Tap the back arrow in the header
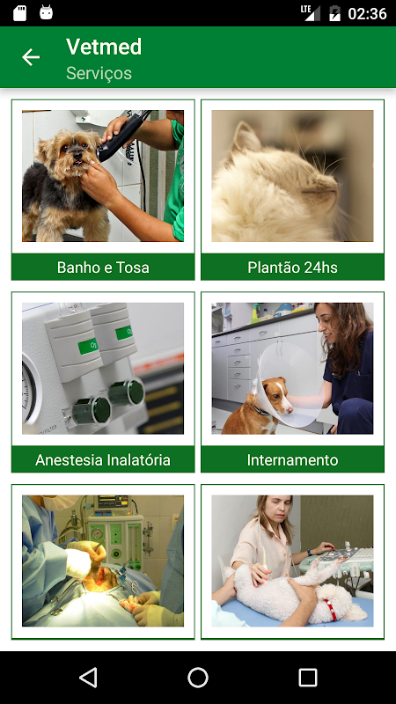pyautogui.click(x=31, y=57)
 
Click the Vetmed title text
pyautogui.click(x=104, y=47)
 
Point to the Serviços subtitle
pyautogui.click(x=99, y=73)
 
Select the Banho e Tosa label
pyautogui.click(x=103, y=268)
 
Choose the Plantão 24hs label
pyautogui.click(x=292, y=268)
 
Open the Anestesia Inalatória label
pyautogui.click(x=103, y=459)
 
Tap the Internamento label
pyautogui.click(x=292, y=459)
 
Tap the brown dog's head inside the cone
pyautogui.click(x=275, y=395)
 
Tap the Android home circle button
pyautogui.click(x=197, y=678)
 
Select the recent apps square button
pyautogui.click(x=307, y=678)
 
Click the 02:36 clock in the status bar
pyautogui.click(x=367, y=13)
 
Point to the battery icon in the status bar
pyautogui.click(x=335, y=13)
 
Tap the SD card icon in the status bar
pyautogui.click(x=19, y=13)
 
